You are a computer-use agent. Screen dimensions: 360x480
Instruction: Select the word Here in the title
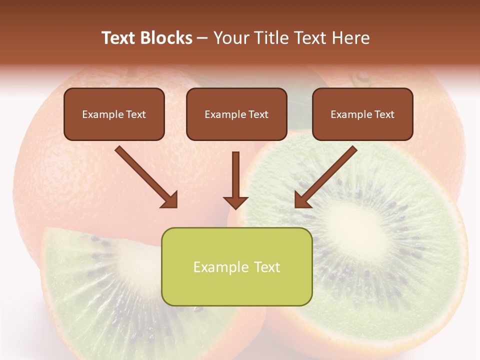[x=352, y=38]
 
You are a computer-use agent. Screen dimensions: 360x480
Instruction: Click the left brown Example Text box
[x=114, y=114]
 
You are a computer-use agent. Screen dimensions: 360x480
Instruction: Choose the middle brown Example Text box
[x=236, y=114]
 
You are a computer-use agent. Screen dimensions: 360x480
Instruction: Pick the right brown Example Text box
[x=362, y=114]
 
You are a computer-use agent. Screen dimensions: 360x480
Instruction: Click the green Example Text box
[x=236, y=267]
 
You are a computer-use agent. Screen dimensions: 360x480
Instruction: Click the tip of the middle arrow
[x=235, y=207]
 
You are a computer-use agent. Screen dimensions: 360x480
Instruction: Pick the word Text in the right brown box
[x=384, y=114]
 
